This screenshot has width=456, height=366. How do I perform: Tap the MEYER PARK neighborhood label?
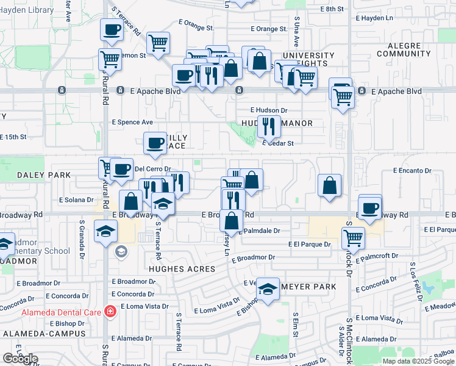(x=308, y=287)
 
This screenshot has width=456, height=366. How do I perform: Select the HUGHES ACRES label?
(x=182, y=268)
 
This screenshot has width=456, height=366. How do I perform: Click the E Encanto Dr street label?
(x=412, y=171)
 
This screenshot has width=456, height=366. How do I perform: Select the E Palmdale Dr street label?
(x=260, y=231)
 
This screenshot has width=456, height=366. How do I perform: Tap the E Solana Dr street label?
(x=76, y=199)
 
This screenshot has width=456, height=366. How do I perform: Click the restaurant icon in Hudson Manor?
(x=269, y=126)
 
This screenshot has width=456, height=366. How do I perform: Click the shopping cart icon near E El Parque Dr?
(x=353, y=237)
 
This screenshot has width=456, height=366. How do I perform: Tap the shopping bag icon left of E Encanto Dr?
(x=329, y=185)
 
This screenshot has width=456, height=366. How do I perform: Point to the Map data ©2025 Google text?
(x=418, y=361)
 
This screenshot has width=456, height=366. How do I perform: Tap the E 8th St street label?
(x=332, y=9)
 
